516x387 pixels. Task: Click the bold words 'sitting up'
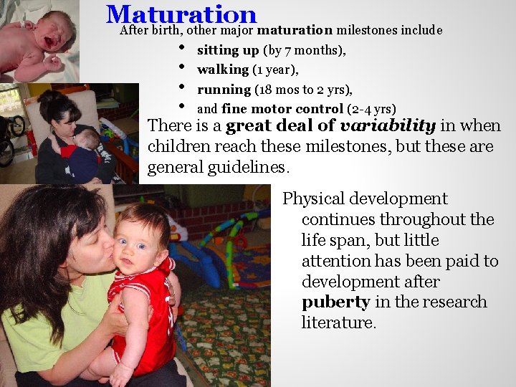tap(228, 50)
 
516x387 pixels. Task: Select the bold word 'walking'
tap(222, 70)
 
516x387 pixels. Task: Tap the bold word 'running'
tap(224, 90)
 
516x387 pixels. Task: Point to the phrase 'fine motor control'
tap(282, 109)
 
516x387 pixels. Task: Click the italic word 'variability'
tap(387, 126)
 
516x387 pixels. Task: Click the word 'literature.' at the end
tap(338, 322)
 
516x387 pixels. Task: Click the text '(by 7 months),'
tap(305, 50)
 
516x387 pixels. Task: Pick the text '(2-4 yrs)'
tap(371, 109)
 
